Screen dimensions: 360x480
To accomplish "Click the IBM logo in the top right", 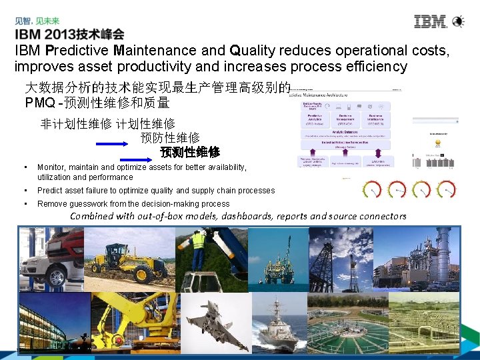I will click(x=431, y=21).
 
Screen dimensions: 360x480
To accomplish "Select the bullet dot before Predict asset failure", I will click(x=25, y=191).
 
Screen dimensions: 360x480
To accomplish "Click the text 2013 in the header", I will click(x=65, y=33).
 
